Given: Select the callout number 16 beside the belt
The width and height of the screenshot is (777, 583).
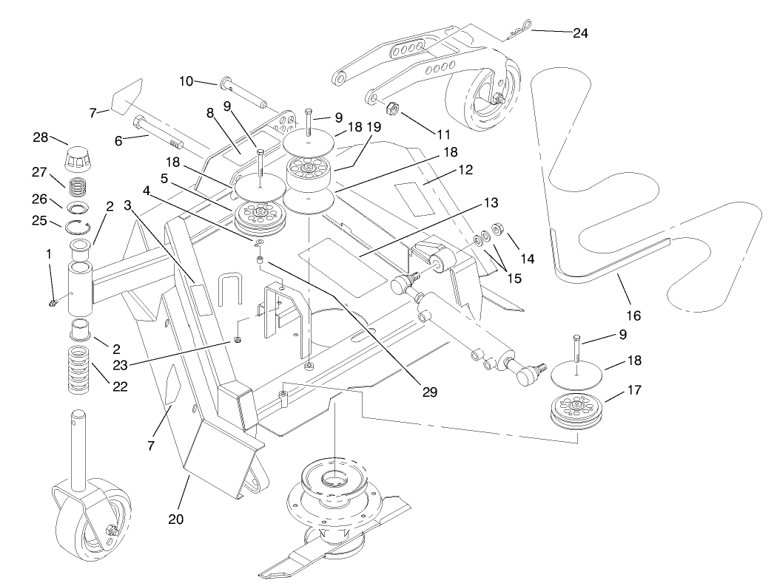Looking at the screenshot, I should pos(633,315).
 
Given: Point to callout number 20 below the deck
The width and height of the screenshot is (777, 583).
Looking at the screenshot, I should pos(175,519).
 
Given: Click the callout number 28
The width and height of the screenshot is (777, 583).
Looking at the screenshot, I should pos(40,137).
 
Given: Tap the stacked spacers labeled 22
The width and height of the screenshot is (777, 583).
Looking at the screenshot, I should pos(78,366).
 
